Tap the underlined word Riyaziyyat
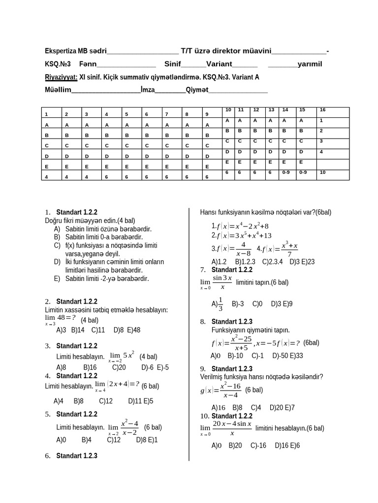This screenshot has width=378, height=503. tap(61, 78)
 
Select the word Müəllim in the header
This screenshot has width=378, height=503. tap(58, 90)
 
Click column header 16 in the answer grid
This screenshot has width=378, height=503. tap(322, 110)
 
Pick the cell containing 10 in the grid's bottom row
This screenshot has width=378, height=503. tap(322, 173)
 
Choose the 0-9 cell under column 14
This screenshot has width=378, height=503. tap(286, 173)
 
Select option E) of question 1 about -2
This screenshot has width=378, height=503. tap(101, 279)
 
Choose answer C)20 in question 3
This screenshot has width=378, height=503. tap(119, 367)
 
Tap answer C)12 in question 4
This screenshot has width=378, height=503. tap(106, 401)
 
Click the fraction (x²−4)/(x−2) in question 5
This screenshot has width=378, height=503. tap(129, 427)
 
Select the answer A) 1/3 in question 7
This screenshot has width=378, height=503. tap(218, 304)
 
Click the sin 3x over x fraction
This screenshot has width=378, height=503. tap(222, 282)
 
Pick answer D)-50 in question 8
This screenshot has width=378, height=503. tap(280, 356)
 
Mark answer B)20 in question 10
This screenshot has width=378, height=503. tap(235, 446)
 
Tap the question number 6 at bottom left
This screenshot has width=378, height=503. tap(48, 456)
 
